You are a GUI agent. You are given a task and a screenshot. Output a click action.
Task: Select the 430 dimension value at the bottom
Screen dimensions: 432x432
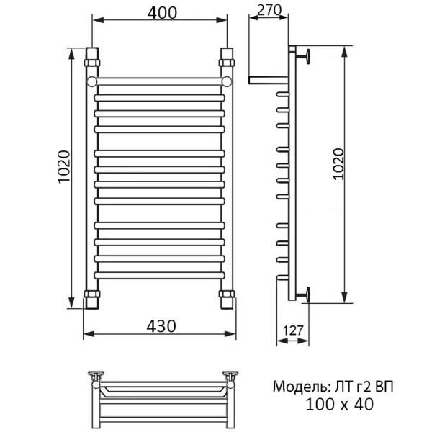pyautogui.click(x=160, y=325)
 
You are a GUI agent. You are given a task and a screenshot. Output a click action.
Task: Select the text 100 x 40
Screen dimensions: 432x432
pyautogui.click(x=338, y=405)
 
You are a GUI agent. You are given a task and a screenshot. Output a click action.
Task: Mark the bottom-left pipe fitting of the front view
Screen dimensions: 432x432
pyautogui.click(x=91, y=298)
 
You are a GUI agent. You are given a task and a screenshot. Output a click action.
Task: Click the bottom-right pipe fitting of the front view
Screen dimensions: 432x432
pyautogui.click(x=227, y=298)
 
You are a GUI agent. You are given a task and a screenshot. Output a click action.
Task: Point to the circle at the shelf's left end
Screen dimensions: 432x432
pyautogui.click(x=92, y=81)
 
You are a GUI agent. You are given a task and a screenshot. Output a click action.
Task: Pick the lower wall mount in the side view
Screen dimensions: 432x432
pyautogui.click(x=305, y=292)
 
